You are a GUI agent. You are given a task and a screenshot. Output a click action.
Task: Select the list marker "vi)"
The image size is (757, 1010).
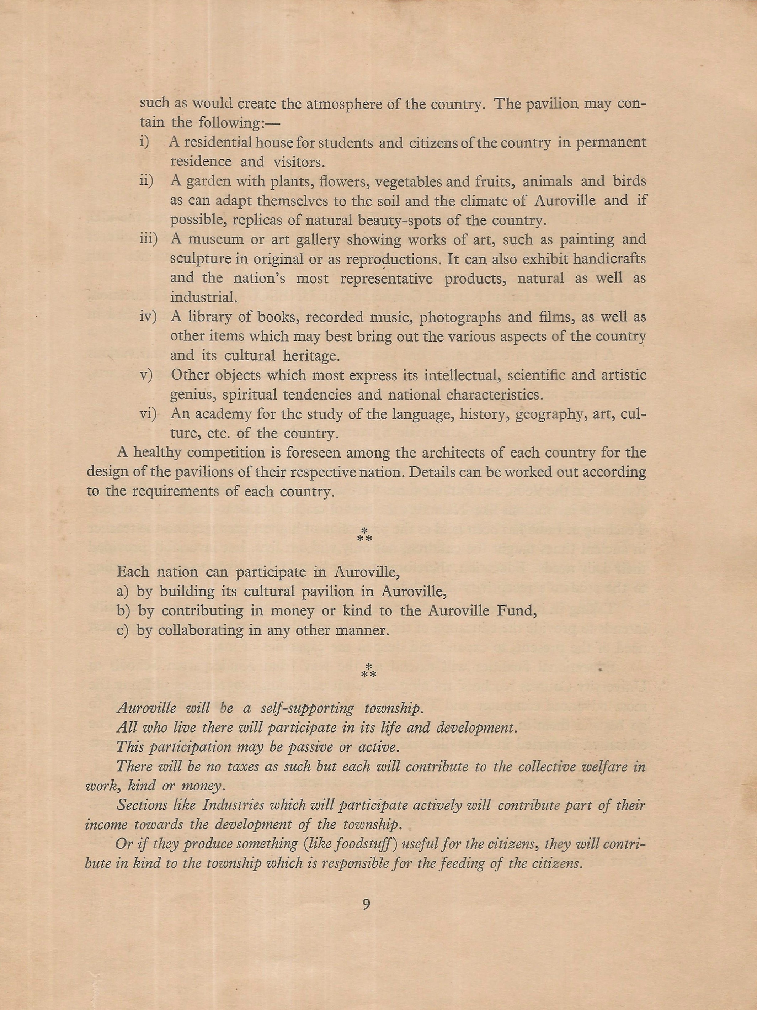(x=148, y=414)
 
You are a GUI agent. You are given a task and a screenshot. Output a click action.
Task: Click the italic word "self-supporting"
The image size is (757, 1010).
(x=307, y=708)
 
